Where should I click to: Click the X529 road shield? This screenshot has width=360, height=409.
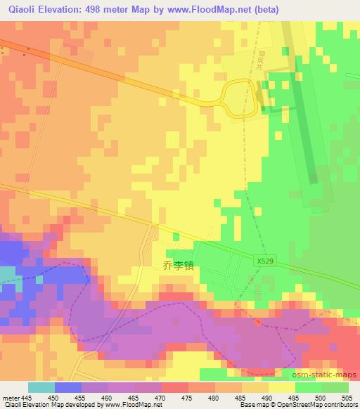[262, 260]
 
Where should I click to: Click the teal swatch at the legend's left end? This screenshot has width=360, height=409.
[41, 387]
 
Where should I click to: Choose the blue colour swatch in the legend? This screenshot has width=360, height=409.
[68, 387]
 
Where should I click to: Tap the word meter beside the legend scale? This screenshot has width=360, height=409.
[11, 398]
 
